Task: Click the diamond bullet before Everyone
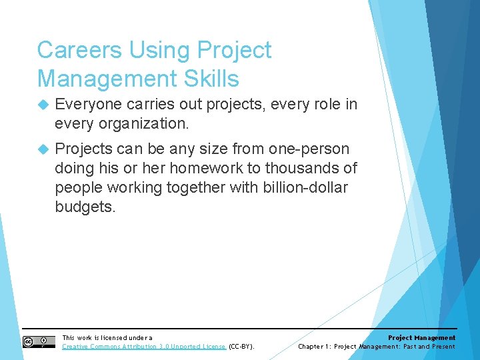pos(44,105)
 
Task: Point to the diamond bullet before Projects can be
pos(44,149)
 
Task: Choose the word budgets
pos(85,207)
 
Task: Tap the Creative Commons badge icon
pos(39,342)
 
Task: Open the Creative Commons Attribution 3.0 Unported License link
pos(144,347)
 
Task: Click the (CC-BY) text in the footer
pos(241,347)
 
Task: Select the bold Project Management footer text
pos(421,338)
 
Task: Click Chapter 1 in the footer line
pos(314,347)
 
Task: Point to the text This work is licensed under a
pos(107,338)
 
